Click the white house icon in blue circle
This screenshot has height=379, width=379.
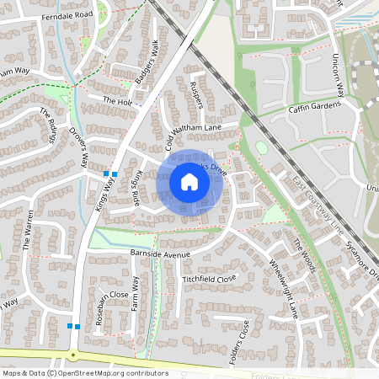click(189, 182)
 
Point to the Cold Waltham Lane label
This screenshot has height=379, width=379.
click(190, 127)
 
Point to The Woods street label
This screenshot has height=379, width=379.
click(304, 256)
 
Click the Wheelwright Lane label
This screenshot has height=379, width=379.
click(283, 287)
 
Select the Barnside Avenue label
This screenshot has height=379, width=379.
click(162, 253)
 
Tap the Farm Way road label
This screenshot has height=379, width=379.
click(134, 293)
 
